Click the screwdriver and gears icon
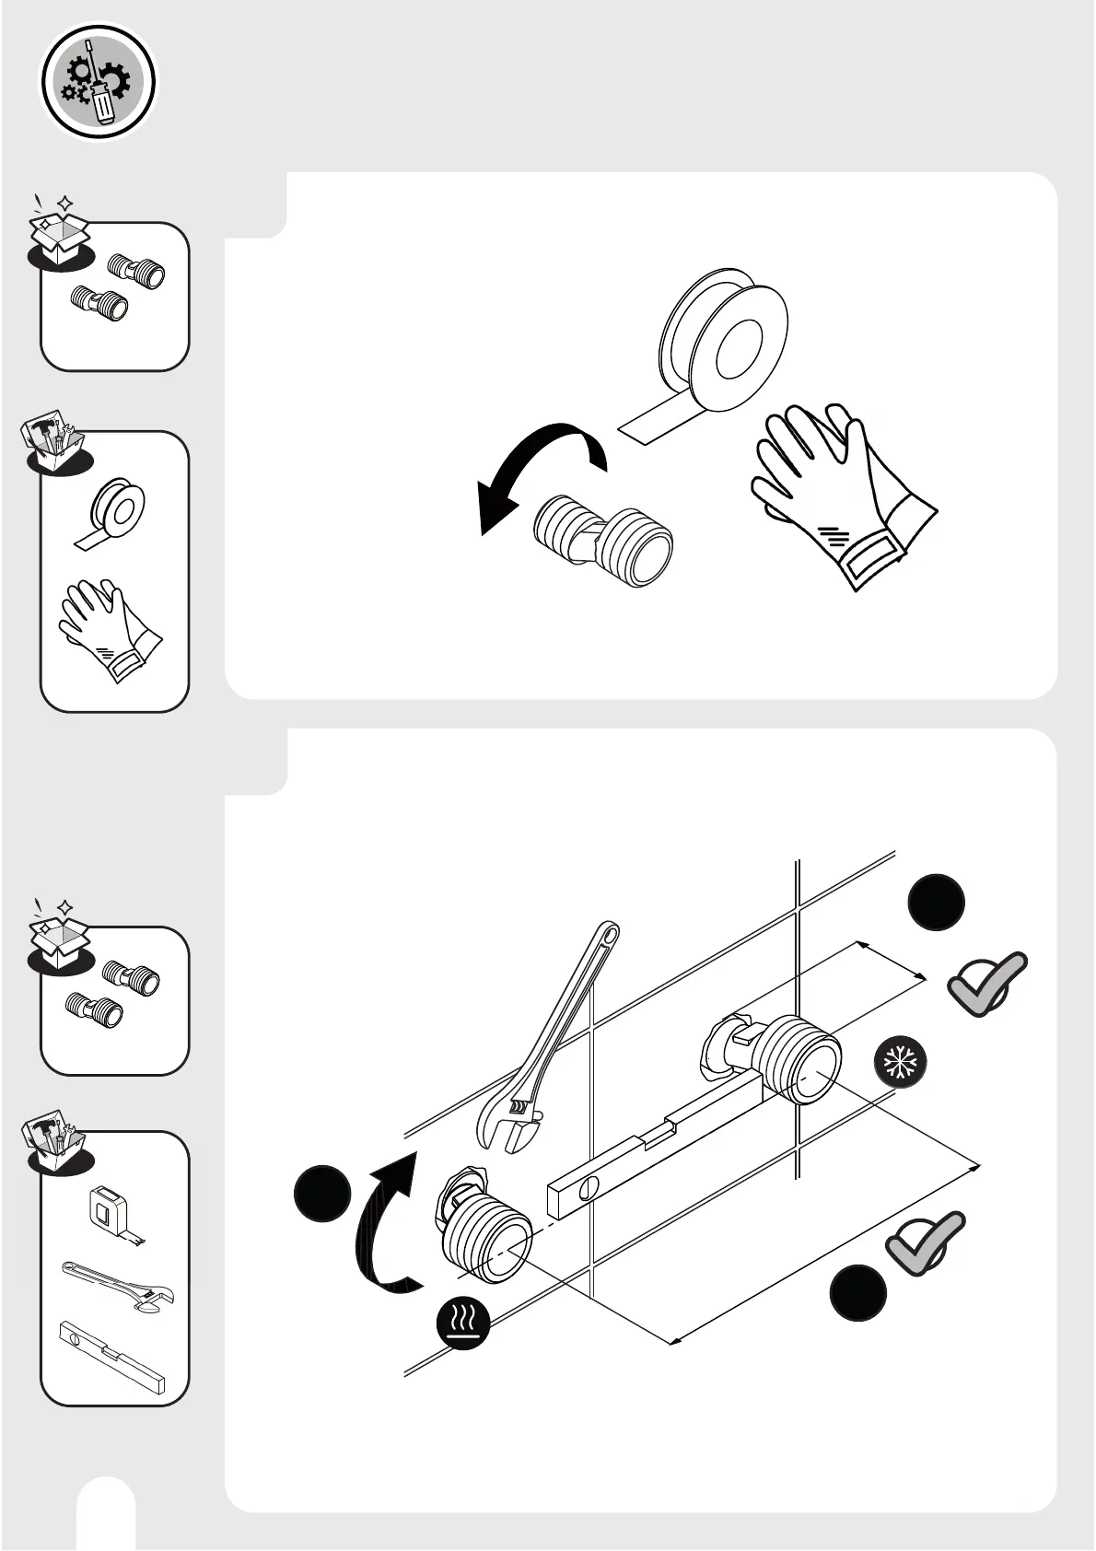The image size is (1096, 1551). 98,82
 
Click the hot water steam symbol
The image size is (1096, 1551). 463,1324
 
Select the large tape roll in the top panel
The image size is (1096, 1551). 724,336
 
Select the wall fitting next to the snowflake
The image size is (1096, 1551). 784,1054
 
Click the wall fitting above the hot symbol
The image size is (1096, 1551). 483,1224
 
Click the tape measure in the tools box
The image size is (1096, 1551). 111,1211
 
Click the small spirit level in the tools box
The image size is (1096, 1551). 111,1353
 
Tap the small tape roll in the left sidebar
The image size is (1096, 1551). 115,510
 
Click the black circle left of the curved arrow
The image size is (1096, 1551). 322,1194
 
